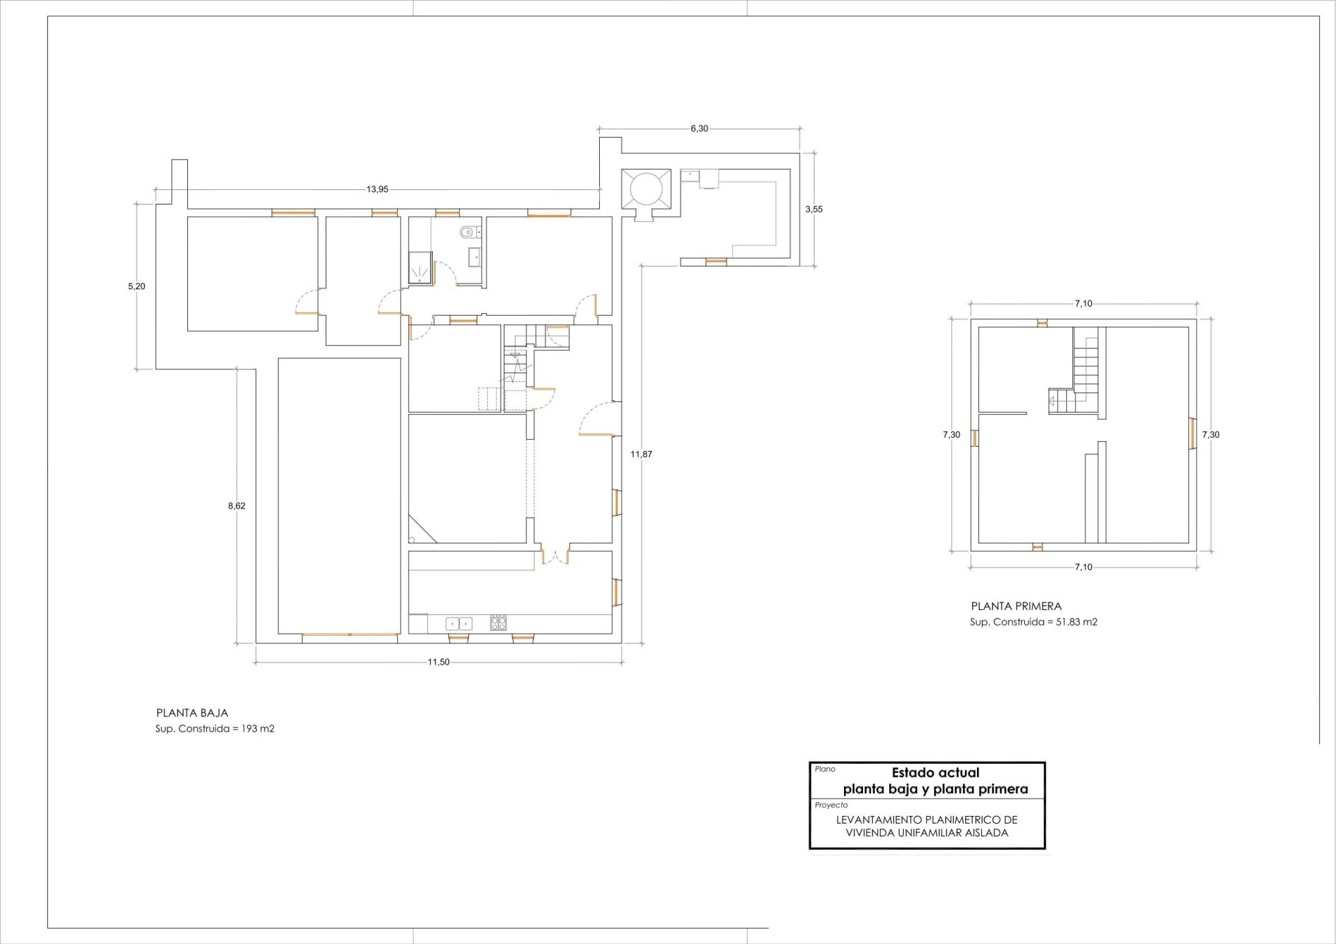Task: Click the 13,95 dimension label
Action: click(377, 189)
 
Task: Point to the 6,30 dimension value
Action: click(699, 129)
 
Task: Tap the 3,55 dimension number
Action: click(813, 209)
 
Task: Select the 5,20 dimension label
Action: click(136, 286)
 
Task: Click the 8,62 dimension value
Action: click(237, 506)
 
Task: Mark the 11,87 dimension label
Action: click(641, 454)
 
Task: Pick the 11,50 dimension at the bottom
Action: click(438, 662)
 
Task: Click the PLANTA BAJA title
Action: click(192, 713)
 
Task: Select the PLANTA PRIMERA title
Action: click(1016, 607)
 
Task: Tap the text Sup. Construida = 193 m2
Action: click(215, 729)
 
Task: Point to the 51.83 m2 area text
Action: click(1076, 622)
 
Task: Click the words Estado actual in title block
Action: click(935, 772)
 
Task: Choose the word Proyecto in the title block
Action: click(831, 805)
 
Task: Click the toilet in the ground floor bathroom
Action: click(468, 232)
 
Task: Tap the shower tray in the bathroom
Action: click(420, 268)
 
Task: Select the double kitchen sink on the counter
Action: click(459, 624)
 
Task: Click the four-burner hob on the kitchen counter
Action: click(498, 623)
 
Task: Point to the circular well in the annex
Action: click(645, 188)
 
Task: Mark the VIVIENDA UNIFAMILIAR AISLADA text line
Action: click(927, 833)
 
